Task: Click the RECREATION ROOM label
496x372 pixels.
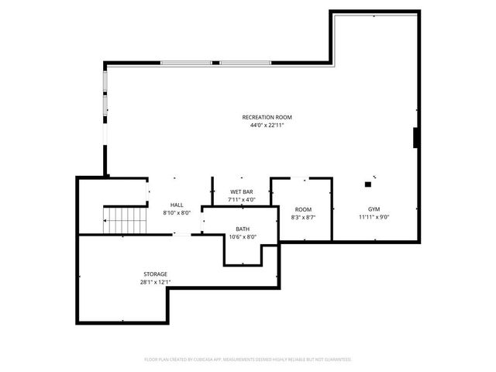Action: [x=267, y=117]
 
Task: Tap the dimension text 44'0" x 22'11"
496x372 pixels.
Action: [x=267, y=126]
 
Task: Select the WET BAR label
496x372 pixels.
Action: [x=242, y=191]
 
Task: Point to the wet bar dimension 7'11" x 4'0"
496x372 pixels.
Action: [x=242, y=200]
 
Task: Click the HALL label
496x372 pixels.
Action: [x=177, y=205]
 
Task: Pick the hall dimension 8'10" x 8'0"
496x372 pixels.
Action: [x=177, y=212]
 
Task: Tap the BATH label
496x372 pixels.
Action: [x=243, y=229]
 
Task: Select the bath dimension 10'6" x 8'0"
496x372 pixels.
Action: [x=243, y=237]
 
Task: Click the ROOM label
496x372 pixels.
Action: [x=303, y=209]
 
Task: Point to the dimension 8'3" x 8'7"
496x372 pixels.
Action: [x=303, y=218]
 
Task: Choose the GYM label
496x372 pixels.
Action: [x=374, y=209]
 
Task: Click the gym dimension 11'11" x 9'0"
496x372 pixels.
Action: [x=374, y=218]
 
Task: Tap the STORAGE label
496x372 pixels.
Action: [x=155, y=274]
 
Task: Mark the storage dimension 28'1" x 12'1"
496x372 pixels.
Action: [x=155, y=282]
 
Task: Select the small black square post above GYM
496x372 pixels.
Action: [x=370, y=184]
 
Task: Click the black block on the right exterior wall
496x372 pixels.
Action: [x=417, y=137]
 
